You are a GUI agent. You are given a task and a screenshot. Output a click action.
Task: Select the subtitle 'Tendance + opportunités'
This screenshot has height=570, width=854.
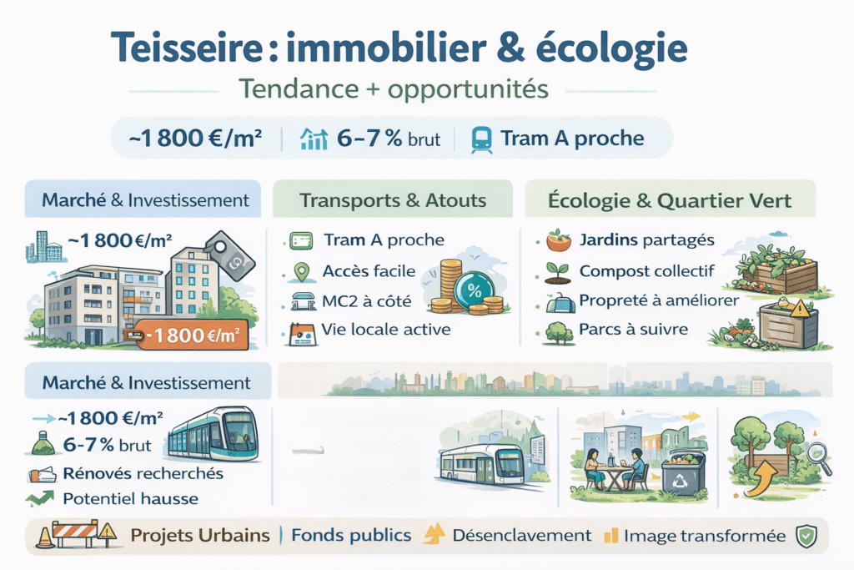(391, 88)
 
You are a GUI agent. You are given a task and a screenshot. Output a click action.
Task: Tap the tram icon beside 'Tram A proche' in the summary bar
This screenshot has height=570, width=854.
(482, 138)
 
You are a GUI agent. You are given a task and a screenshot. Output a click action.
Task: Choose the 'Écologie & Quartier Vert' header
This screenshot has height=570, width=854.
(671, 200)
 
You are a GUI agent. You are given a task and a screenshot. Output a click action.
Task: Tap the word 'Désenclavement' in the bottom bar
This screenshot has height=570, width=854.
(521, 536)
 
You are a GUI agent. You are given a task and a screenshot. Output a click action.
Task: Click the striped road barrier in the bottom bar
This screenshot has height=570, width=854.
(77, 534)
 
